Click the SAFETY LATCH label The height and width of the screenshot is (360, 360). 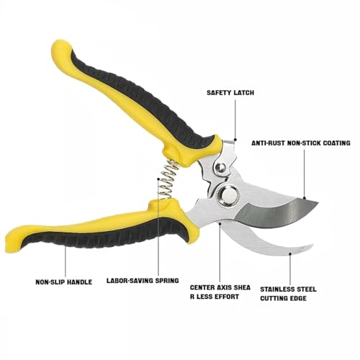pos(230,93)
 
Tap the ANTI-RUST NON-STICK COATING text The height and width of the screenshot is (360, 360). pos(301,143)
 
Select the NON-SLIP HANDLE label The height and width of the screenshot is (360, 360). pos(64,282)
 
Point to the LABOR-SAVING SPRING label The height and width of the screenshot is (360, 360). pos(143,280)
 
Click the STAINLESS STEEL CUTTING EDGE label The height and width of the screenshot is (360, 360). pos(288,294)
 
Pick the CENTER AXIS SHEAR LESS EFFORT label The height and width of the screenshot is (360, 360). pos(220,292)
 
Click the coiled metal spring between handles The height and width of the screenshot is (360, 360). pos(168,179)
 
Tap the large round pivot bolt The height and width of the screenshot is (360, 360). pos(229,195)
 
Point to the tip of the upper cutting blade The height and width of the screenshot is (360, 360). pos(318,203)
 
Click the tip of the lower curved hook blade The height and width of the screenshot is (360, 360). pos(312,245)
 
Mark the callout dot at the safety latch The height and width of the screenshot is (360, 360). pos(235,140)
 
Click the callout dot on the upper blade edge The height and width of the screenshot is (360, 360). pos(304,198)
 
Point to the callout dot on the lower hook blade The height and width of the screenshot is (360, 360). pos(290,253)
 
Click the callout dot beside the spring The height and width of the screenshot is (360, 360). pos(158,179)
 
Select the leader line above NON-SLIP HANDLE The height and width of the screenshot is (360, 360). pos(66,261)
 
